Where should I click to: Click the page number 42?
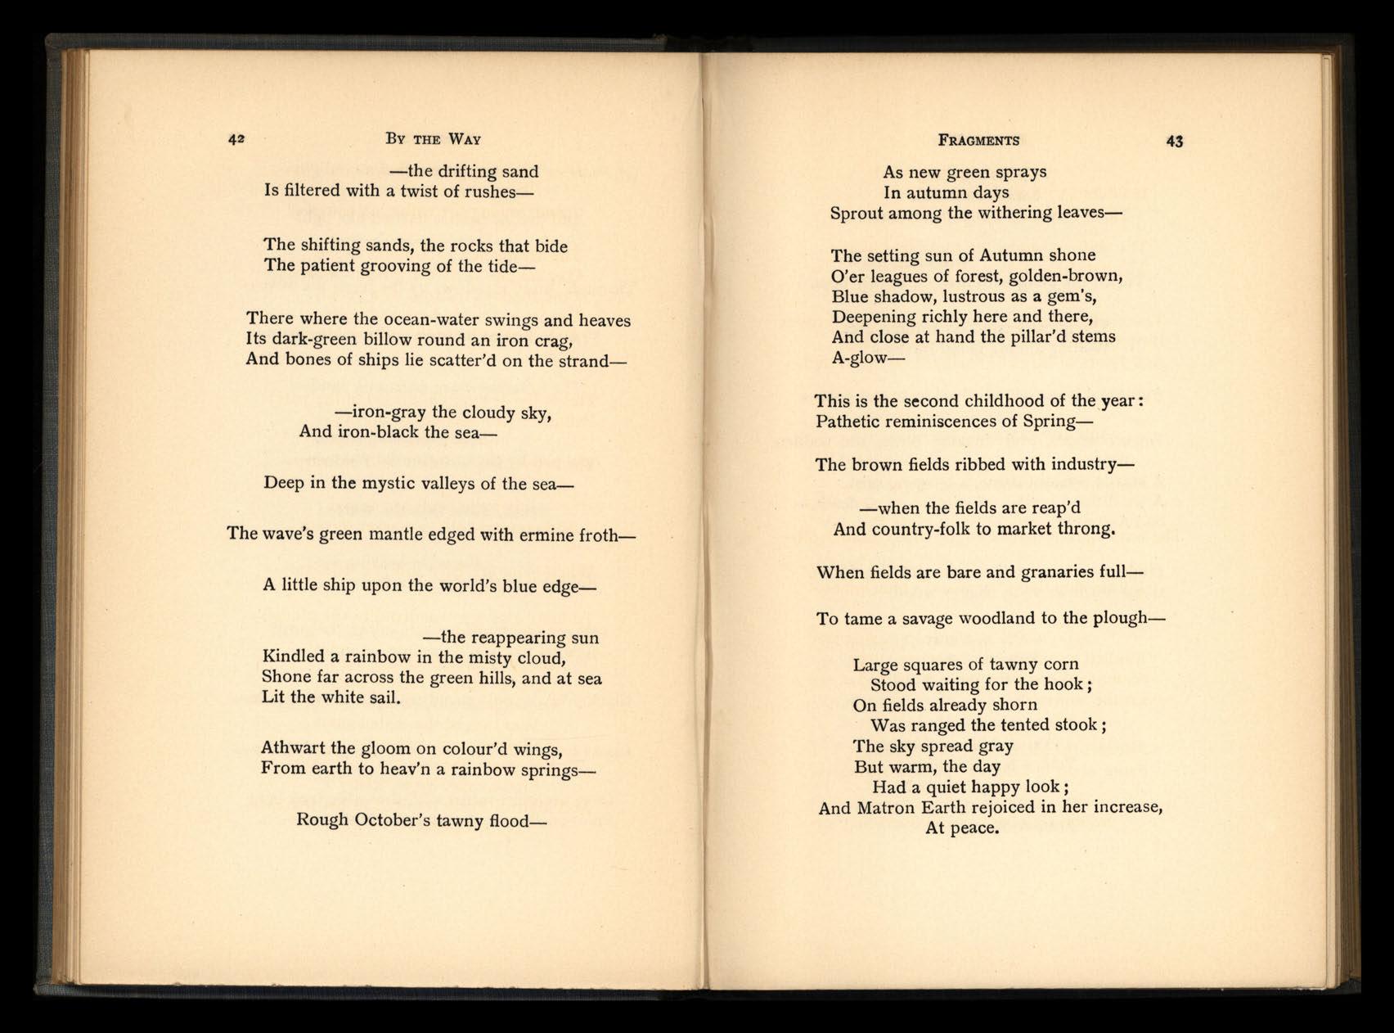coord(236,139)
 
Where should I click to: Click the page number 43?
coord(1174,142)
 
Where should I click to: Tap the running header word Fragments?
coord(978,141)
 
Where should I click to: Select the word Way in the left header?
coord(464,139)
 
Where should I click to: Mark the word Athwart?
coord(291,748)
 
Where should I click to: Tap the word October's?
coord(392,820)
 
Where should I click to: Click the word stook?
coord(1074,725)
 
